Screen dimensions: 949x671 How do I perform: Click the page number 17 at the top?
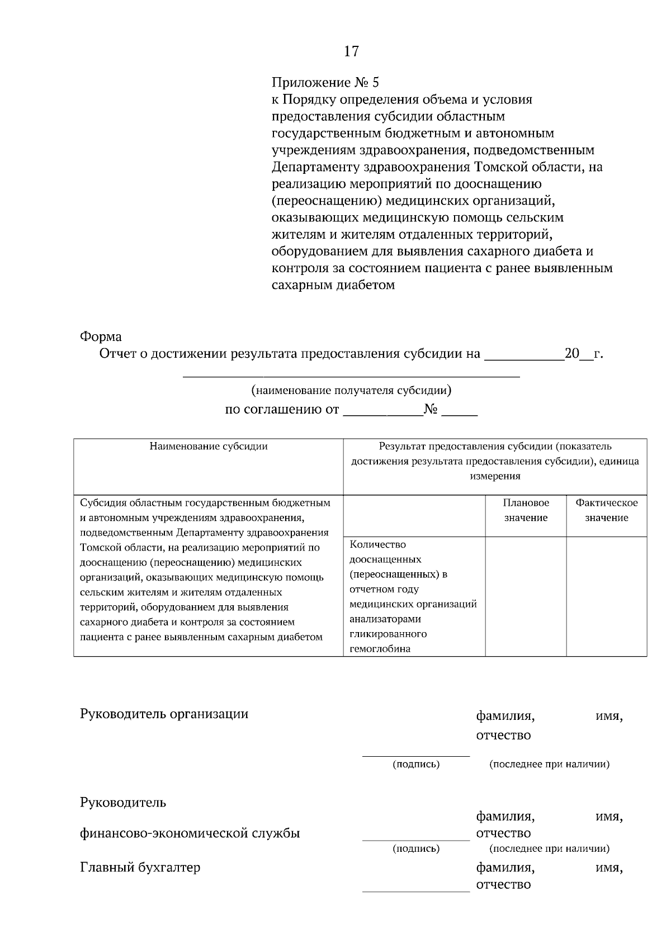[x=351, y=52]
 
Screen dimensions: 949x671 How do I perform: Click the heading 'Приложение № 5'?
[x=325, y=83]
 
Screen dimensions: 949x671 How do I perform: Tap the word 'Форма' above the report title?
[x=101, y=337]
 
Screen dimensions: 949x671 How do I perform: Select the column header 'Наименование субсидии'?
[x=209, y=447]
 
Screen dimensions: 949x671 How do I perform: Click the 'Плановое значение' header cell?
[x=526, y=510]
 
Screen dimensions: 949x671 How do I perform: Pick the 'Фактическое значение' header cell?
[x=607, y=510]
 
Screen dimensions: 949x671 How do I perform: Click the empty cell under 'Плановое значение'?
[x=526, y=596]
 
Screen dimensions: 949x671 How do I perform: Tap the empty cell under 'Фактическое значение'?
[x=607, y=596]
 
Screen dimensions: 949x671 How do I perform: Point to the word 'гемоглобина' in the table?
[x=380, y=649]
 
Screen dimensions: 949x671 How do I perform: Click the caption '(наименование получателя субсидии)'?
[x=351, y=391]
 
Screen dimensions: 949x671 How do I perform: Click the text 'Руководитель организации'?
[x=164, y=714]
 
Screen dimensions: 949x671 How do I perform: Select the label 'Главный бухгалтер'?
[x=140, y=867]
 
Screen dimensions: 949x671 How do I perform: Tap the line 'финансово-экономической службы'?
[x=190, y=833]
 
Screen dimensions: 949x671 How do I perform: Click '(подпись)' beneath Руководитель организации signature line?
[x=416, y=764]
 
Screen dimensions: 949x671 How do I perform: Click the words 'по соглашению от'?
[x=282, y=410]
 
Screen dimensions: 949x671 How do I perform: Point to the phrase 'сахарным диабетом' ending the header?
[x=333, y=285]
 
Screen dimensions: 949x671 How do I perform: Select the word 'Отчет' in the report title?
[x=116, y=354]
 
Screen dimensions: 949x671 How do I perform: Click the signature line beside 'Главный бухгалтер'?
[x=416, y=890]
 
